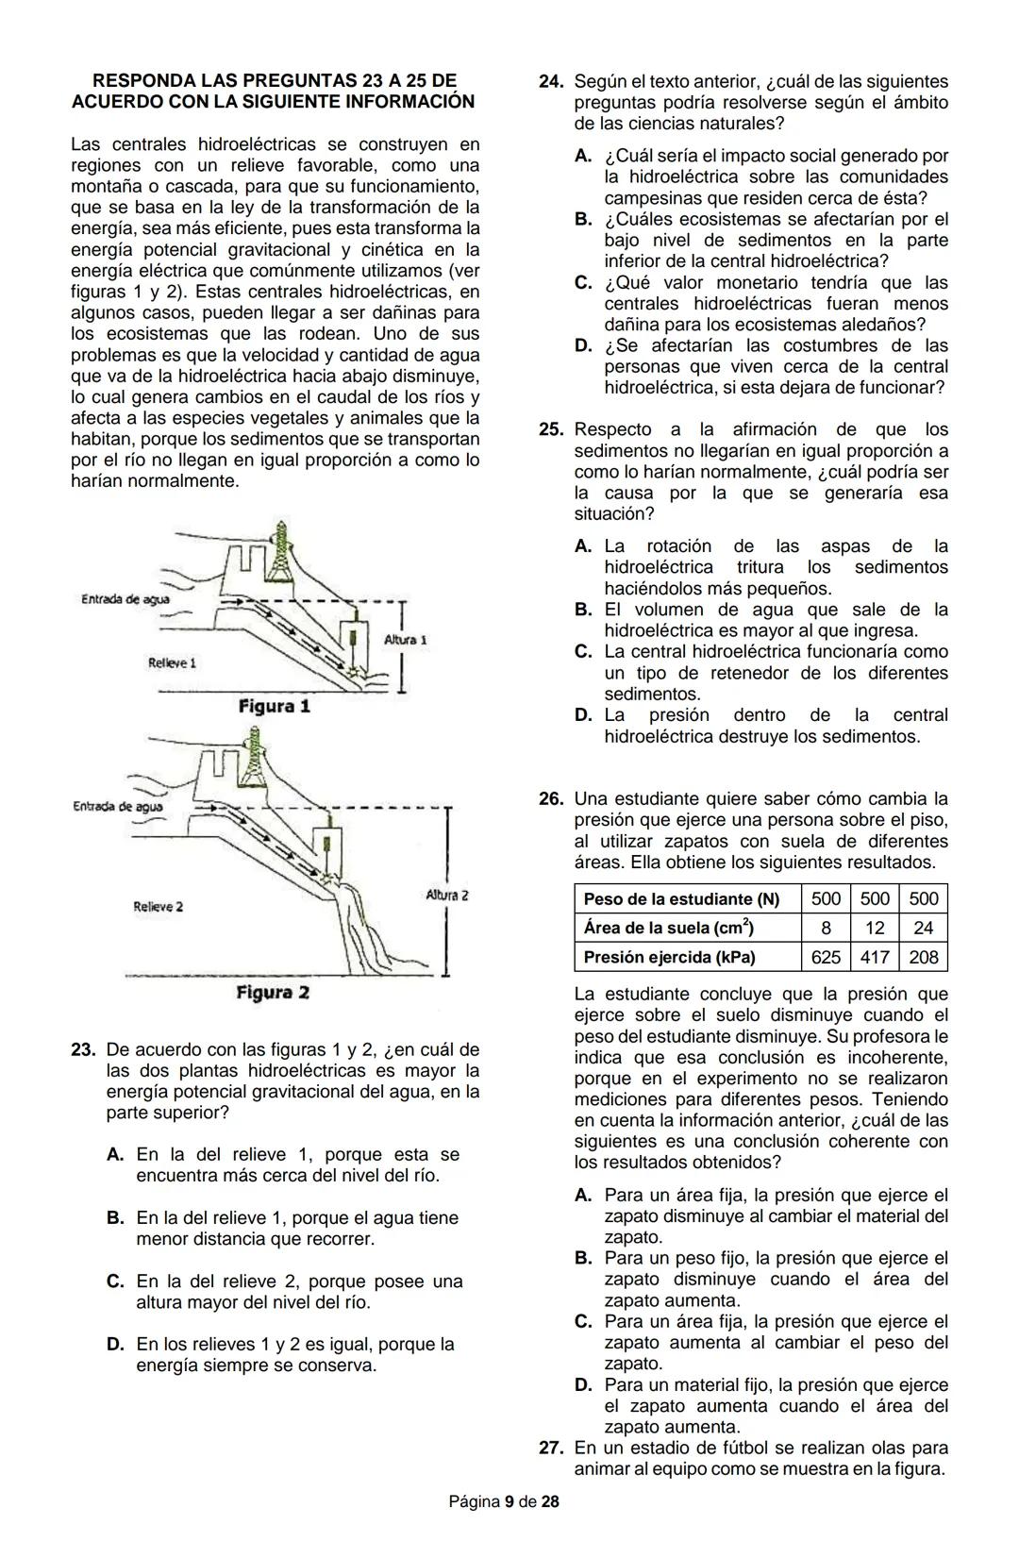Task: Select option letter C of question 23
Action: [115, 1282]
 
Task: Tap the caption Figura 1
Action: [274, 706]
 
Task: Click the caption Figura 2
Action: [273, 993]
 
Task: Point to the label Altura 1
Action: [406, 640]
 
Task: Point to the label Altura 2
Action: [447, 895]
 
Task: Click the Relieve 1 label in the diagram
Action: [172, 662]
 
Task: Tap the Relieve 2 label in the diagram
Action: [158, 907]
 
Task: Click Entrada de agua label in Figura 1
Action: [125, 599]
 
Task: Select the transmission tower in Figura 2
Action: [253, 761]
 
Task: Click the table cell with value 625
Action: [826, 957]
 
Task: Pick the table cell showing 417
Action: [875, 957]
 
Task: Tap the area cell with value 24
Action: [924, 928]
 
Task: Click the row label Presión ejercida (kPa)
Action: [669, 957]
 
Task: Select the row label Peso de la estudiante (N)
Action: [681, 899]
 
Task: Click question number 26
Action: [551, 799]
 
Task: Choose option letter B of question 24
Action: [583, 219]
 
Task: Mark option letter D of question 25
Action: [583, 715]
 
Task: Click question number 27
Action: [551, 1448]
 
